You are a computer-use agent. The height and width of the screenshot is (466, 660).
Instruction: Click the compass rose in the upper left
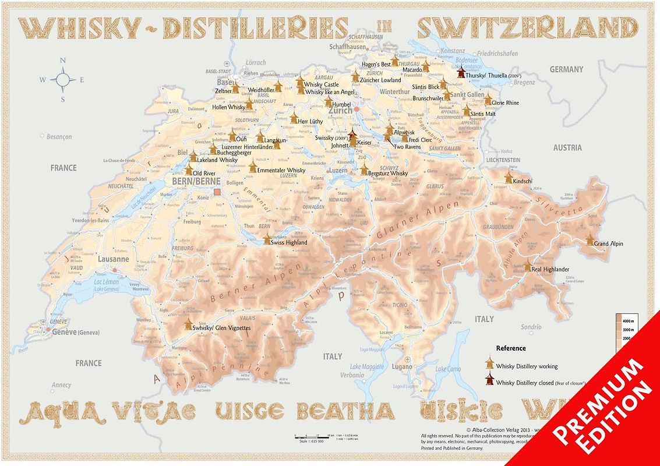(x=62, y=80)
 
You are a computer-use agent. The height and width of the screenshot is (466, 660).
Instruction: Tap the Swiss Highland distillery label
(x=290, y=242)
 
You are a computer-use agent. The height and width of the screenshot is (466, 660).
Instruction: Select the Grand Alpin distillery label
(x=608, y=243)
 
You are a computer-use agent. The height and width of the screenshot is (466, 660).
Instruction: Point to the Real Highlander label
(x=550, y=269)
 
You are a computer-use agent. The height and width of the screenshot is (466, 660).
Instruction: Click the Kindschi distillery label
(x=523, y=181)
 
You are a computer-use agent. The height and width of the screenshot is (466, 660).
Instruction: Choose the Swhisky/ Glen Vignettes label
(x=221, y=328)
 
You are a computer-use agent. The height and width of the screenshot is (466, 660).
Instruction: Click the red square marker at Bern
(x=217, y=192)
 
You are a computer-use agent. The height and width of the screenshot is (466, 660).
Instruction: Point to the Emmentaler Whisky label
(x=281, y=170)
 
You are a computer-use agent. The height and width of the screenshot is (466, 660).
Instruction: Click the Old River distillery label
(x=204, y=173)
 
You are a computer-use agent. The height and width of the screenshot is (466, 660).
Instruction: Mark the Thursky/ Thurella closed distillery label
(x=493, y=76)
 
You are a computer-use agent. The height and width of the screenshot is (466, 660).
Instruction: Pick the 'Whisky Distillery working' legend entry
(x=527, y=366)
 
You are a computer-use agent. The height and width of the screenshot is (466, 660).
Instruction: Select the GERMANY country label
(x=566, y=69)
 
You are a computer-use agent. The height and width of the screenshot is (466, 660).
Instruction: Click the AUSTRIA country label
(x=567, y=147)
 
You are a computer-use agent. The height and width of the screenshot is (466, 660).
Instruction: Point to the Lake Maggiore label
(x=367, y=367)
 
